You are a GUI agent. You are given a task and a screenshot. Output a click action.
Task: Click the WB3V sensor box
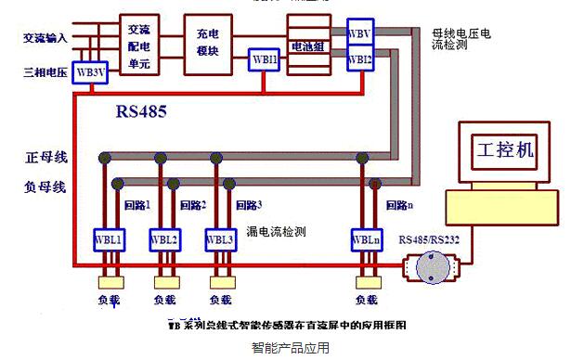(x=91, y=71)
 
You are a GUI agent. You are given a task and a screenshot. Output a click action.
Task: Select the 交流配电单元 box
(x=139, y=44)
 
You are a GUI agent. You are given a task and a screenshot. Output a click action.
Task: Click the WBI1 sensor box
(x=264, y=60)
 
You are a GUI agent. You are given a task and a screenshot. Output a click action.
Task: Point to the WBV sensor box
(x=360, y=33)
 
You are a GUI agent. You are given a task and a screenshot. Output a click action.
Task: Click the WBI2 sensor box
(x=360, y=60)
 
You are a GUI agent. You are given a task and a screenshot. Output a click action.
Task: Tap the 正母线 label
(x=45, y=157)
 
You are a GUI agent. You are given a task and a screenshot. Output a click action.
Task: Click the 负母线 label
(x=45, y=186)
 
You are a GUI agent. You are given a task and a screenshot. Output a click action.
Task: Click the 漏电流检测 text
(x=278, y=231)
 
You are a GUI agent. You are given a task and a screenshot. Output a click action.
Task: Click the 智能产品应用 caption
(x=291, y=349)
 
